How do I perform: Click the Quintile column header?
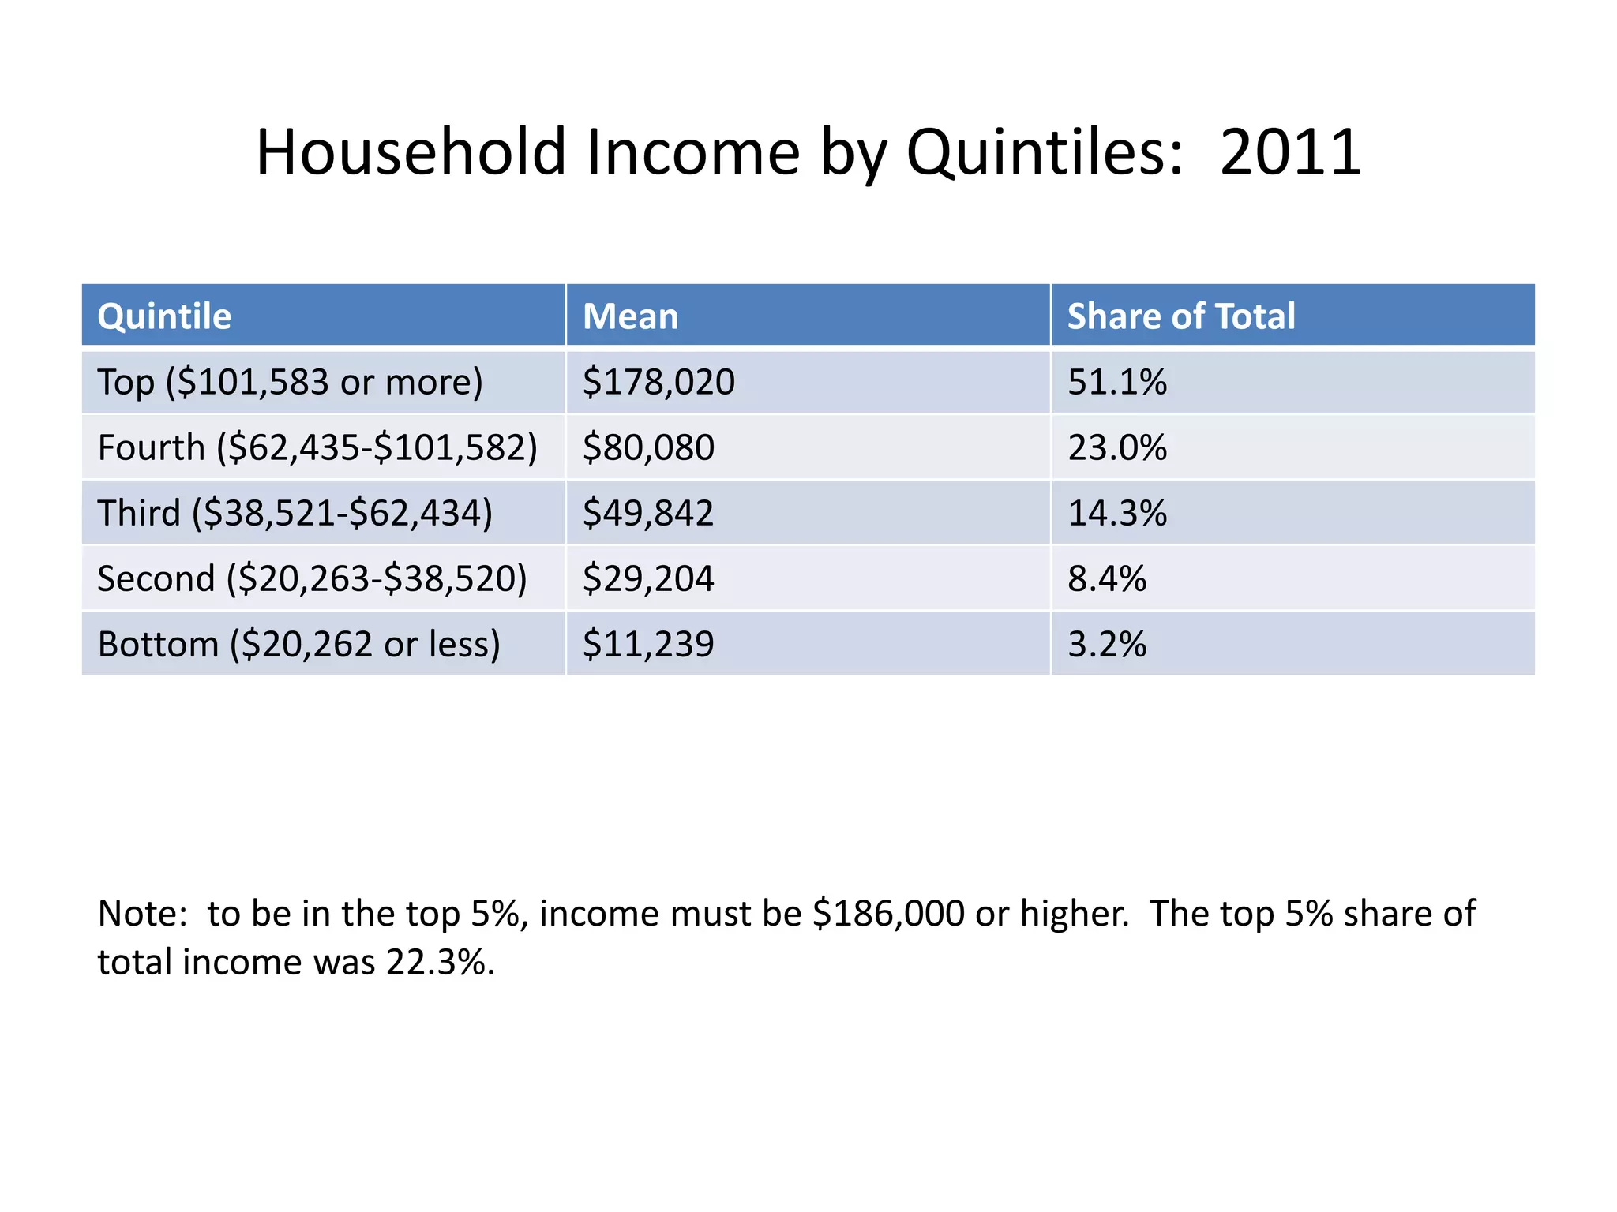[164, 316]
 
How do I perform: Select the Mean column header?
[630, 316]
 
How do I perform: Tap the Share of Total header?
[1180, 316]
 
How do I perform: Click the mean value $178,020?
[658, 382]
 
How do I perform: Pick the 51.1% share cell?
[1116, 382]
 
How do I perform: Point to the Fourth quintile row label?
[317, 447]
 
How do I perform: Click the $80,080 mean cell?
[648, 447]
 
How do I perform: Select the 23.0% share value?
[1116, 447]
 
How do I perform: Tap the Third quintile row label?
[295, 513]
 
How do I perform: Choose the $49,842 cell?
[648, 513]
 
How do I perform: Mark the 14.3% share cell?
[1116, 513]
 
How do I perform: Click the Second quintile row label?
[312, 578]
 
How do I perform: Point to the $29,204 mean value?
[648, 578]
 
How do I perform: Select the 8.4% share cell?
[1106, 578]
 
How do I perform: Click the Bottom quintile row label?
[298, 644]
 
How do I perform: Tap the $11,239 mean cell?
[648, 644]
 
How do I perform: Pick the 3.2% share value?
[1106, 644]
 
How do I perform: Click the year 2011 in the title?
[1290, 151]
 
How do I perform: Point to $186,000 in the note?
[888, 914]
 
